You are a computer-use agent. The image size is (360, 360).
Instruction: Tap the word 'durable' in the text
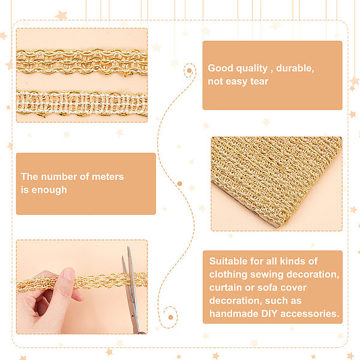click(295, 68)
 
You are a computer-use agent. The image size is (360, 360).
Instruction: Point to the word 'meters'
click(107, 176)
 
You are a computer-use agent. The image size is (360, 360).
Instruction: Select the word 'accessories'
click(310, 314)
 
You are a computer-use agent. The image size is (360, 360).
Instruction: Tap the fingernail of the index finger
click(68, 274)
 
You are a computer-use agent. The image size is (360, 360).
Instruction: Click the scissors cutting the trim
click(131, 289)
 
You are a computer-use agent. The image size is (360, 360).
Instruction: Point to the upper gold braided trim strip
click(82, 62)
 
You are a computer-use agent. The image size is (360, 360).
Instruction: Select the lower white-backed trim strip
click(82, 103)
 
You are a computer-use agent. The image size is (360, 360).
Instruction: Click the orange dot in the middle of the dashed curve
click(180, 184)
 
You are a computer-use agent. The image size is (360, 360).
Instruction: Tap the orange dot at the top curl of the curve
click(190, 70)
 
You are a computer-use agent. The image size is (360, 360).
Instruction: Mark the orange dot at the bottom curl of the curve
click(170, 317)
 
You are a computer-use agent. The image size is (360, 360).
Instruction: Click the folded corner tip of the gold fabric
click(277, 227)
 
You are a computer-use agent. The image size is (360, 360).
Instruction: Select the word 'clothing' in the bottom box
click(229, 275)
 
